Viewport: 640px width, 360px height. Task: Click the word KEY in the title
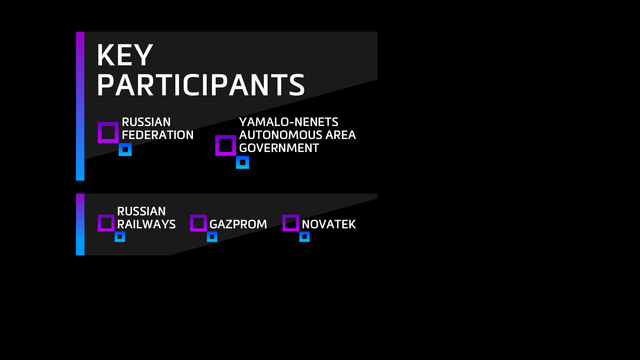(x=125, y=55)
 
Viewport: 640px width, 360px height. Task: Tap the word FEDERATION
(x=158, y=135)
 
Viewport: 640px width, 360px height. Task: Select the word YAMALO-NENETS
(x=289, y=122)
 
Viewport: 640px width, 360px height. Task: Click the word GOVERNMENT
(x=279, y=148)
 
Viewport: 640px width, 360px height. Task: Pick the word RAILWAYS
(x=146, y=224)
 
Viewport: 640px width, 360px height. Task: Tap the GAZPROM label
(x=238, y=224)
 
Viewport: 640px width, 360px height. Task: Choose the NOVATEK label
(x=329, y=224)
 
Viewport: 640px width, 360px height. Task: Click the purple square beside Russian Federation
(x=99, y=132)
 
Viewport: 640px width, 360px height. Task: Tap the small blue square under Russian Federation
(x=120, y=149)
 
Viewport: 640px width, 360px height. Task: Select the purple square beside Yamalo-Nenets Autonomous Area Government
(x=217, y=145)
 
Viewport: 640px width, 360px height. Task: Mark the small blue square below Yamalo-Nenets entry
(x=237, y=162)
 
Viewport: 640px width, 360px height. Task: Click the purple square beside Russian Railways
(x=99, y=223)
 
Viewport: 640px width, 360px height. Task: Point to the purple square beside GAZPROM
(x=191, y=223)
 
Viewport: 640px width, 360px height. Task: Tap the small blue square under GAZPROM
(x=208, y=237)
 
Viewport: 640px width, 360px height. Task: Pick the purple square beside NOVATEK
(x=284, y=223)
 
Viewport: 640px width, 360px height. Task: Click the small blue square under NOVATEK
(x=301, y=237)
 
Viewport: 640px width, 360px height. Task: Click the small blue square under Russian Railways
(x=116, y=237)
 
